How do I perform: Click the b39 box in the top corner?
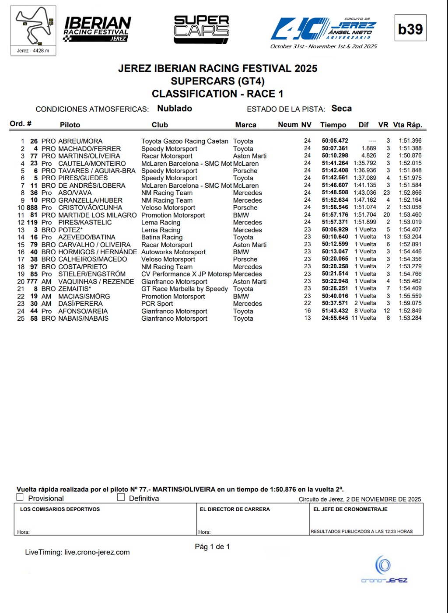[x=410, y=28]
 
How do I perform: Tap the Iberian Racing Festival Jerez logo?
[x=97, y=29]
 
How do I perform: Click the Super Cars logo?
[x=201, y=29]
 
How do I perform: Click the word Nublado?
[x=175, y=109]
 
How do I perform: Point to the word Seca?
[x=341, y=109]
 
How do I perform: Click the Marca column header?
[x=245, y=125]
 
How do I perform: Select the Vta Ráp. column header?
[x=407, y=125]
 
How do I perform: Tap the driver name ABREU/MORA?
[x=80, y=141]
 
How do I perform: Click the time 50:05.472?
[x=335, y=141]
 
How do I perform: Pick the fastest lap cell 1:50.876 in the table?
[x=410, y=156]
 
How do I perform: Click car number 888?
[x=32, y=208]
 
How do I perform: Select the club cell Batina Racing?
[x=162, y=237]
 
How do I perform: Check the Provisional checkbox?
[x=20, y=497]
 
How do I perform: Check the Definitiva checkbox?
[x=121, y=497]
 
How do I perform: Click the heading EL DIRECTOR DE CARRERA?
[x=234, y=509]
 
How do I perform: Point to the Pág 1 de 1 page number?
[x=212, y=546]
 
